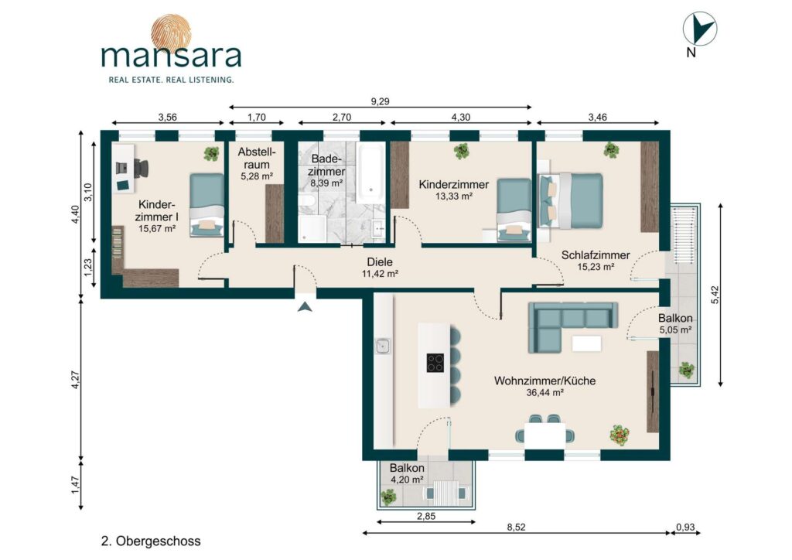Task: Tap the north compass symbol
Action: pos(699,29)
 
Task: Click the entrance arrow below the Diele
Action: pos(305,306)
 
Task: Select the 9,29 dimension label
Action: pos(381,101)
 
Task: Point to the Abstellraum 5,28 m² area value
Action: pos(257,176)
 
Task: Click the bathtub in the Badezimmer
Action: pos(370,172)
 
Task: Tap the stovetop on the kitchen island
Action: pos(435,363)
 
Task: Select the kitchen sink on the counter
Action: pos(382,346)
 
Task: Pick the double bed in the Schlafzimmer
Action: pos(571,200)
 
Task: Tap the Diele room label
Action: pos(380,262)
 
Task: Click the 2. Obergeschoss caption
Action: pos(151,541)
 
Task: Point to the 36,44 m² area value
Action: pos(545,392)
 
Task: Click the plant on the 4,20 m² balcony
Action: pos(388,497)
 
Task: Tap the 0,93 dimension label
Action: pos(685,528)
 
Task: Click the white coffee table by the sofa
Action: pos(586,343)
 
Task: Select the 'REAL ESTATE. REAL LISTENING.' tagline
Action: pos(171,80)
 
